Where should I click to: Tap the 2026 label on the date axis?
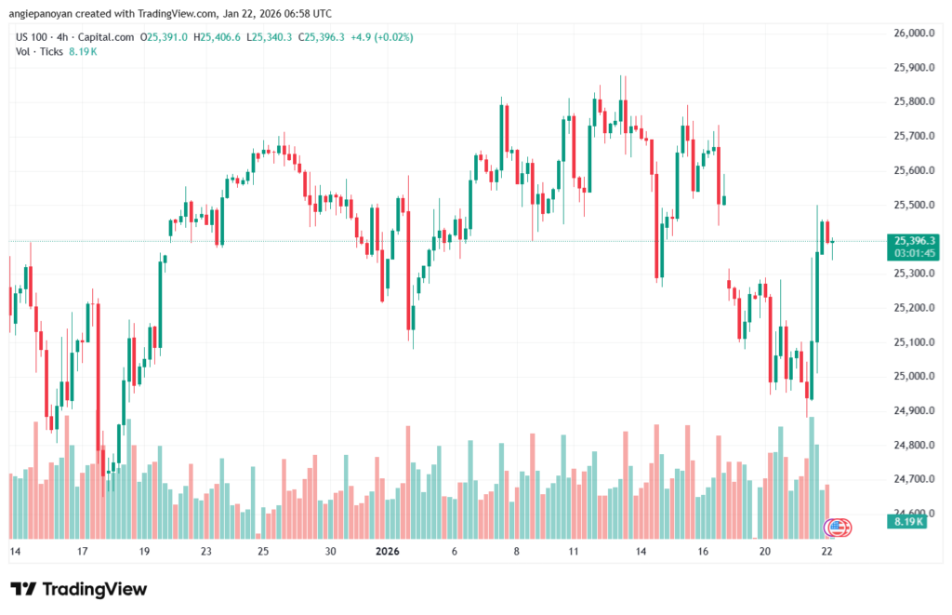click(387, 552)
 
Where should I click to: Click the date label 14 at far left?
click(14, 552)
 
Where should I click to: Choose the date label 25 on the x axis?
click(263, 552)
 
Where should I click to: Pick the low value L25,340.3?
click(269, 37)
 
